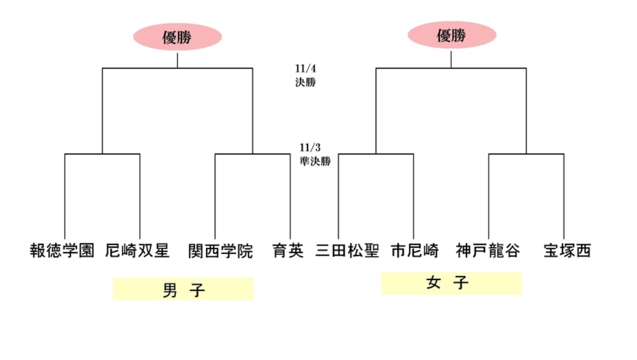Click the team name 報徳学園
(62, 251)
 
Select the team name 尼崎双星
(137, 251)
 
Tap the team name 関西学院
(220, 251)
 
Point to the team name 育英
(288, 251)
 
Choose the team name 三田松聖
(348, 251)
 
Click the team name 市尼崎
(415, 251)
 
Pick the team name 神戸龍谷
(488, 251)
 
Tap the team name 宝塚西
(567, 251)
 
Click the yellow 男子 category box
(183, 289)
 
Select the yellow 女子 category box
(451, 283)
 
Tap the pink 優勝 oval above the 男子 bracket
(178, 37)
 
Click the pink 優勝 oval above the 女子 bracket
(452, 36)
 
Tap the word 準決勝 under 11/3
(315, 162)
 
